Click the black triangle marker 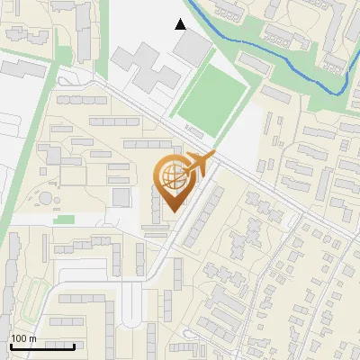[x=181, y=24]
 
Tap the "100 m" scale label [x=23, y=338]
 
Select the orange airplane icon [x=200, y=165]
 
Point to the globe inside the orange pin [x=171, y=176]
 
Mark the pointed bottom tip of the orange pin [x=171, y=212]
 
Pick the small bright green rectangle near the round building [x=63, y=219]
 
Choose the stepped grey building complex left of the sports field [x=144, y=72]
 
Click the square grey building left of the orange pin [x=121, y=197]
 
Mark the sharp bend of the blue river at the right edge [x=343, y=91]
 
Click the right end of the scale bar [x=74, y=346]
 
